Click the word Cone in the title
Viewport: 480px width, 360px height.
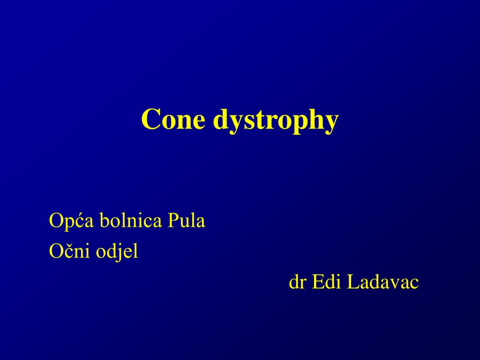pyautogui.click(x=173, y=120)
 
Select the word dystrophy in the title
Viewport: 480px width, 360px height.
pyautogui.click(x=275, y=121)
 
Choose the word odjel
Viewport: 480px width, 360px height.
pyautogui.click(x=117, y=253)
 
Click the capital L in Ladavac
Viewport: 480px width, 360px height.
pyautogui.click(x=352, y=282)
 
